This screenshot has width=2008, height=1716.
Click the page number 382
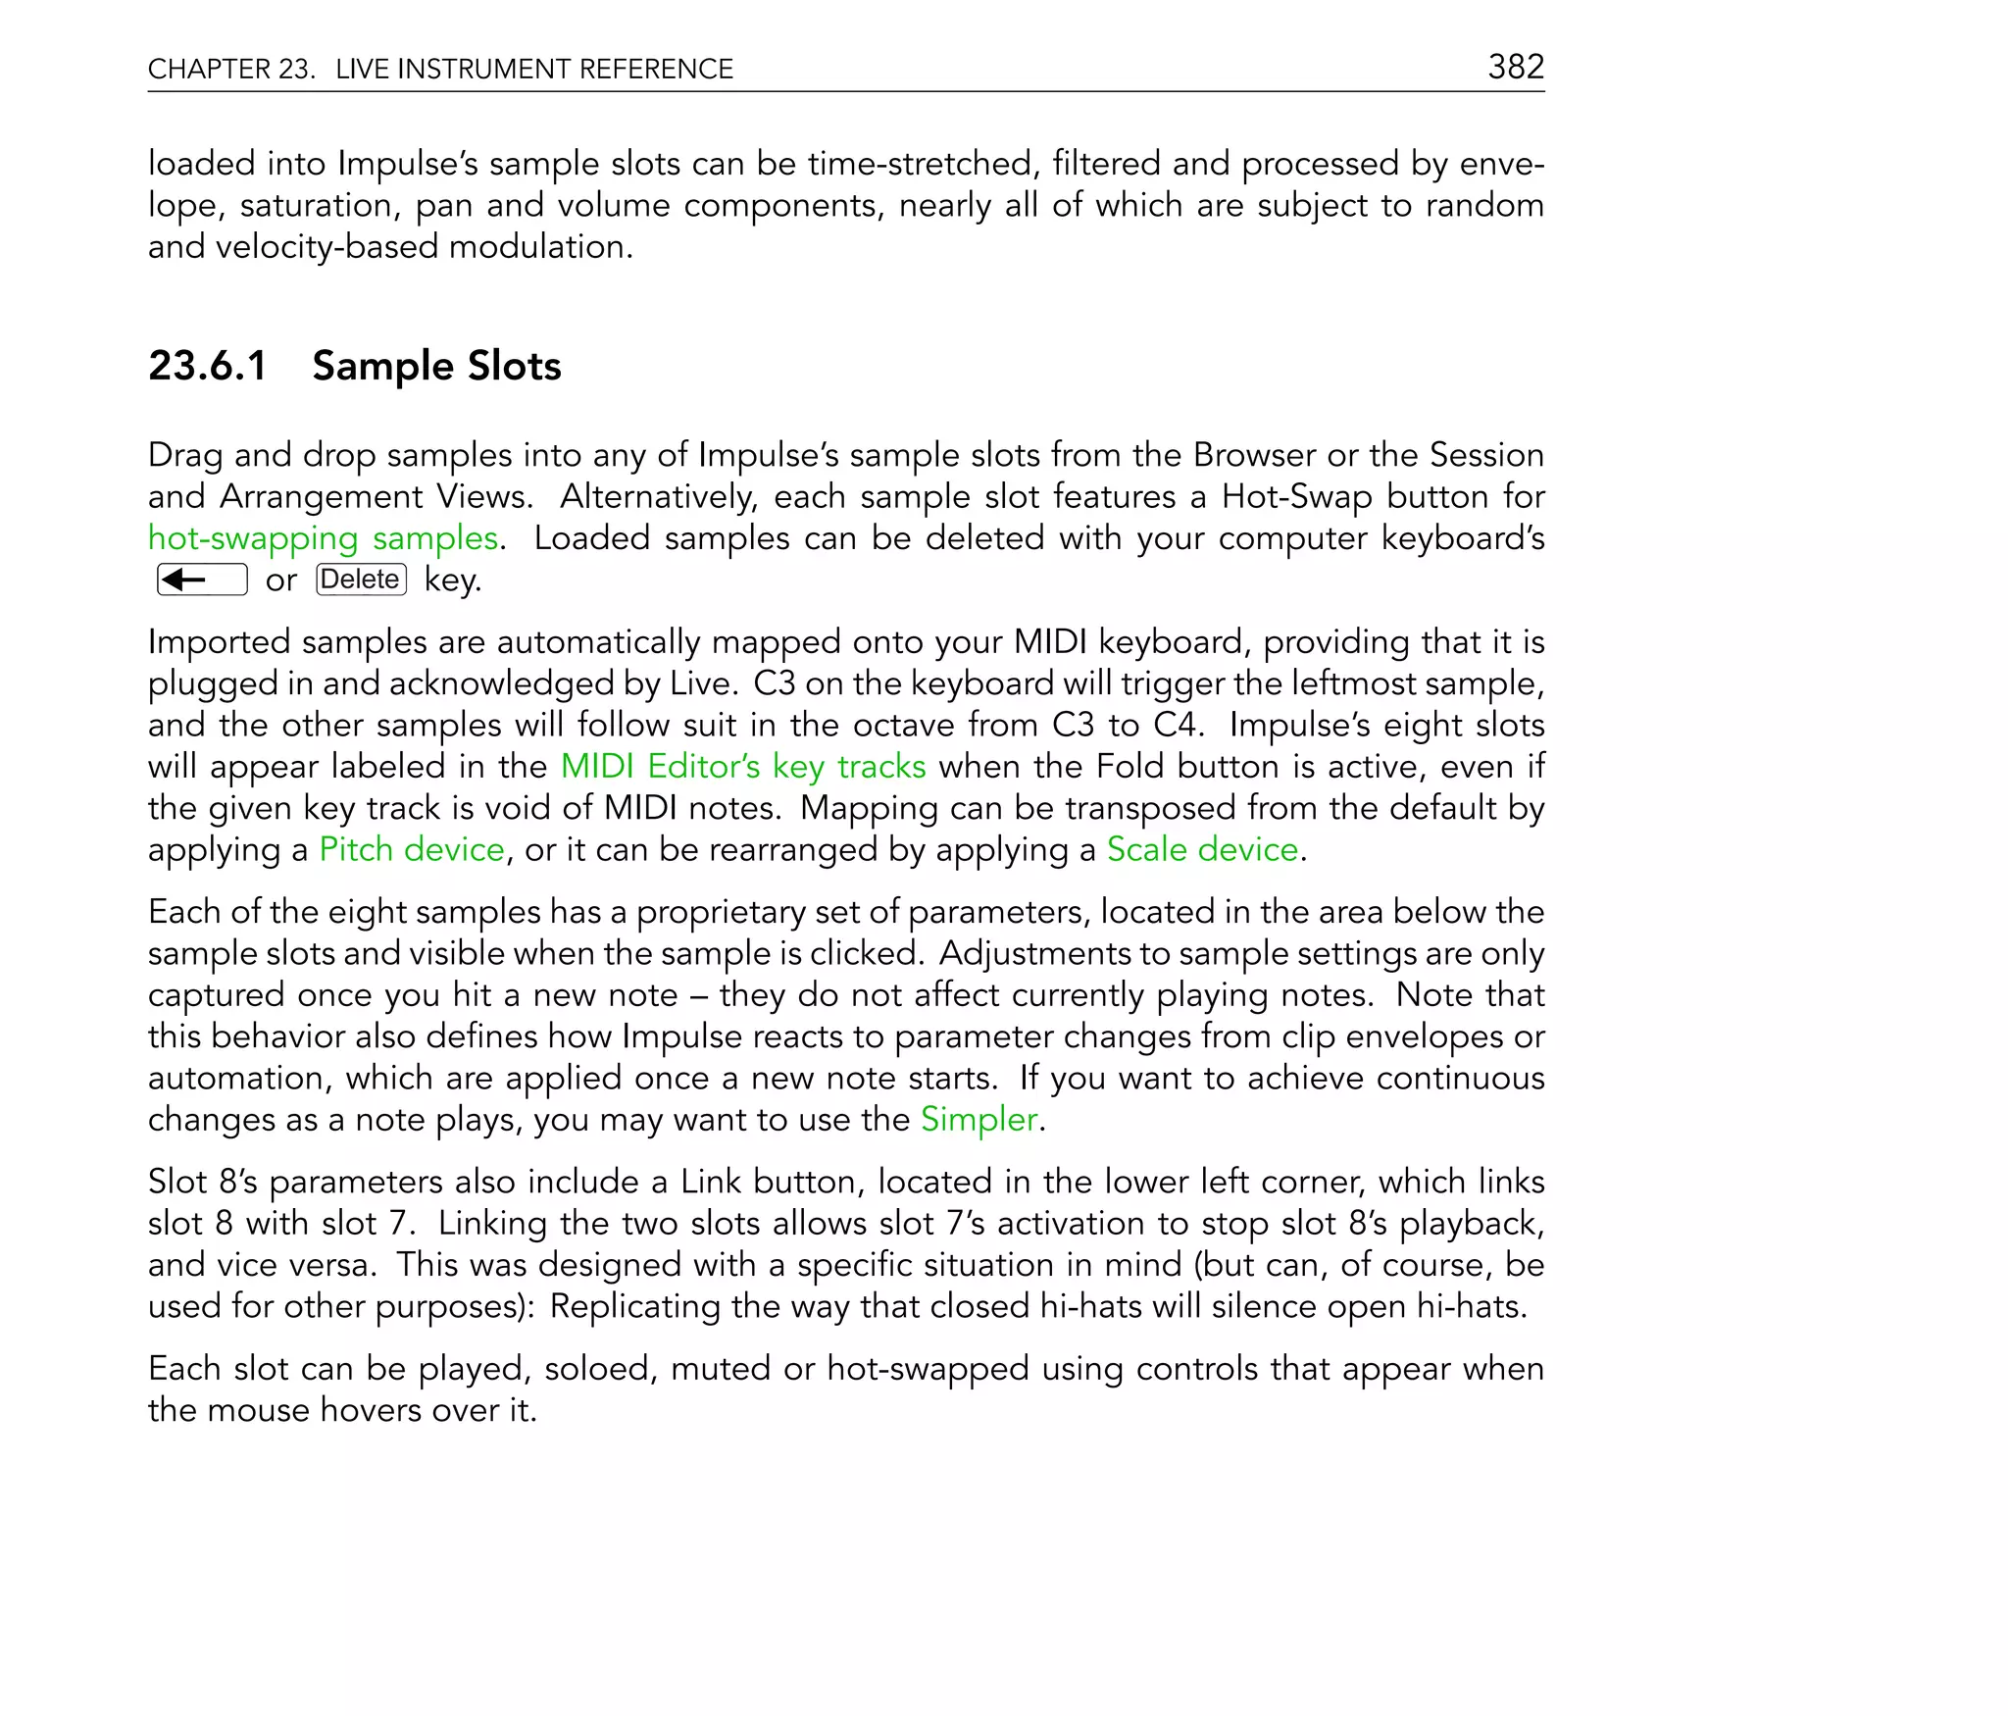[x=1516, y=67]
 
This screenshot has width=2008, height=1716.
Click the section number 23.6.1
[x=207, y=366]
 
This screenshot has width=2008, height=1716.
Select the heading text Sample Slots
[x=436, y=366]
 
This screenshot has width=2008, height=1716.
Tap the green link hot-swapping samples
[x=323, y=538]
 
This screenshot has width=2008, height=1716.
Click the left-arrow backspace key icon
[x=202, y=580]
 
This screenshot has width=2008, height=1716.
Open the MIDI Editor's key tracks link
[x=743, y=766]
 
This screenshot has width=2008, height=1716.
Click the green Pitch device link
[x=412, y=849]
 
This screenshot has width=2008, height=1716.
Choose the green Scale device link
[x=1202, y=849]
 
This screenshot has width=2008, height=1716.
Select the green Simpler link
[x=979, y=1119]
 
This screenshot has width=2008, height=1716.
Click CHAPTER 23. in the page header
[x=231, y=69]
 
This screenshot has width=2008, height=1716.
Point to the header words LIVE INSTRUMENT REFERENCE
[x=534, y=69]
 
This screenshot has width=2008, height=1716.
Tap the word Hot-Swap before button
[x=1296, y=497]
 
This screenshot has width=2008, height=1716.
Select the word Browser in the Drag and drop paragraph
[x=1254, y=455]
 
